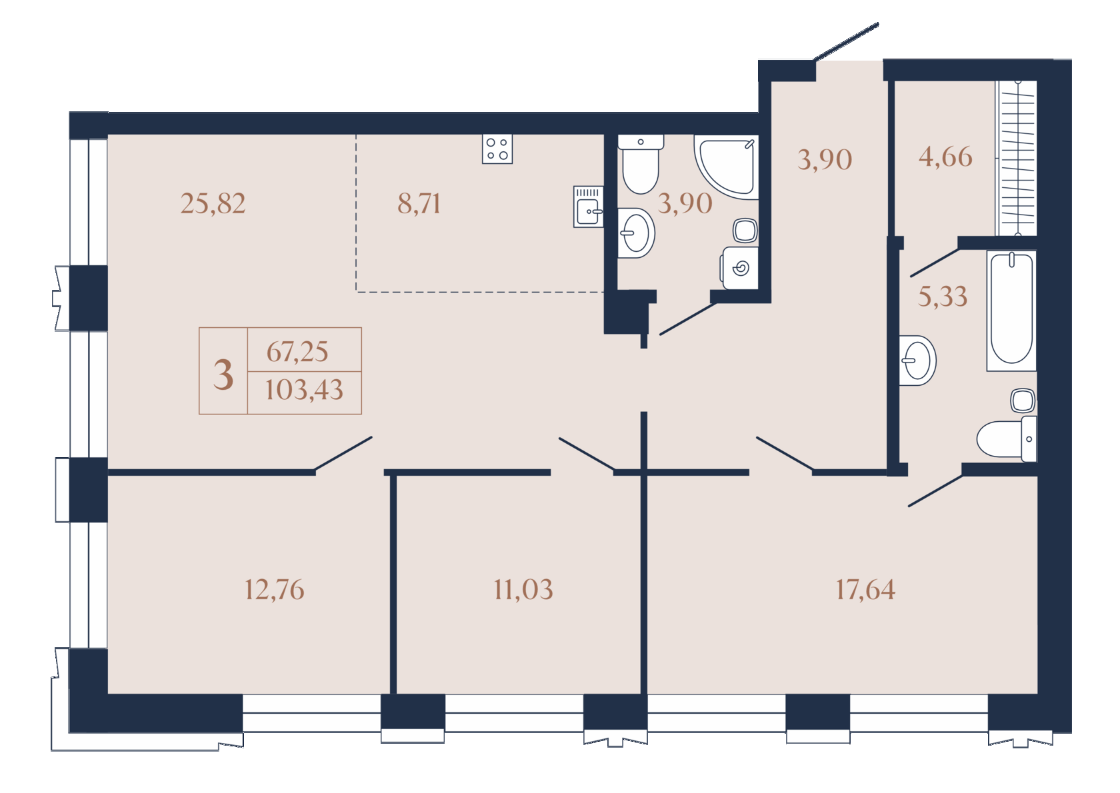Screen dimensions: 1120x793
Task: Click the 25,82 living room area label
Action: pyautogui.click(x=213, y=204)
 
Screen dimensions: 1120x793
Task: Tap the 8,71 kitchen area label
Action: pyautogui.click(x=419, y=204)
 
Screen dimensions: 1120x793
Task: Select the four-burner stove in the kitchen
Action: pyautogui.click(x=497, y=149)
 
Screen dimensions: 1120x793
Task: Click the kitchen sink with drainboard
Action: pyautogui.click(x=589, y=207)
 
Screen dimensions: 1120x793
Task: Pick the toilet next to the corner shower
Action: pyautogui.click(x=641, y=164)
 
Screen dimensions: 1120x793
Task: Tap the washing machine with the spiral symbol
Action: pyautogui.click(x=740, y=268)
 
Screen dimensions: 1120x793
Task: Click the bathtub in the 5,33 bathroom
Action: pyautogui.click(x=1011, y=311)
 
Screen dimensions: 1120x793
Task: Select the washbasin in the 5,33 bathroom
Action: pyautogui.click(x=917, y=361)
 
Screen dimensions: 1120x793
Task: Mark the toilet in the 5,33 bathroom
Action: pyautogui.click(x=1006, y=438)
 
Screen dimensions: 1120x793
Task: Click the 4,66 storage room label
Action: pyautogui.click(x=945, y=157)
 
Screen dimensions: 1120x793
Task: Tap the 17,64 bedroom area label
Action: pyautogui.click(x=865, y=590)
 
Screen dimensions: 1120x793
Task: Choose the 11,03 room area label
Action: pyautogui.click(x=523, y=590)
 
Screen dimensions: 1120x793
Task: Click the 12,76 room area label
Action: pyautogui.click(x=274, y=590)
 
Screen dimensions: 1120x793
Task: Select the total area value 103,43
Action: pyautogui.click(x=304, y=391)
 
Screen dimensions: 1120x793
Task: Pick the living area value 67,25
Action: pyautogui.click(x=297, y=352)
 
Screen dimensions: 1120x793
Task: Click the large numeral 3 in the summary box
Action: pyautogui.click(x=223, y=375)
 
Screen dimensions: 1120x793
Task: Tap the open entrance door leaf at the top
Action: pyautogui.click(x=846, y=42)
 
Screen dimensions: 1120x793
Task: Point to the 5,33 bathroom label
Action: pyautogui.click(x=943, y=297)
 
